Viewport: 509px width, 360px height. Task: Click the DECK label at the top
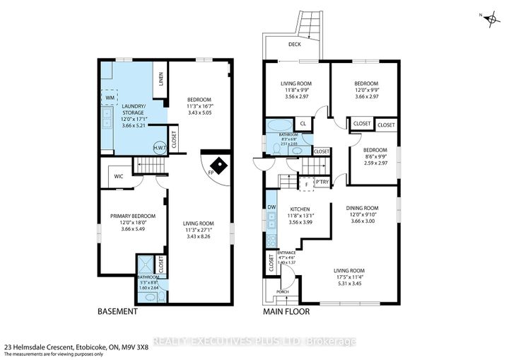click(296, 44)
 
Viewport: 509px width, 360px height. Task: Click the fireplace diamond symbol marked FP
click(221, 166)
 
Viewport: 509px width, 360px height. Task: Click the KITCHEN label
click(301, 209)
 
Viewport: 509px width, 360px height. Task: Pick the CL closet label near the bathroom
click(303, 124)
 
